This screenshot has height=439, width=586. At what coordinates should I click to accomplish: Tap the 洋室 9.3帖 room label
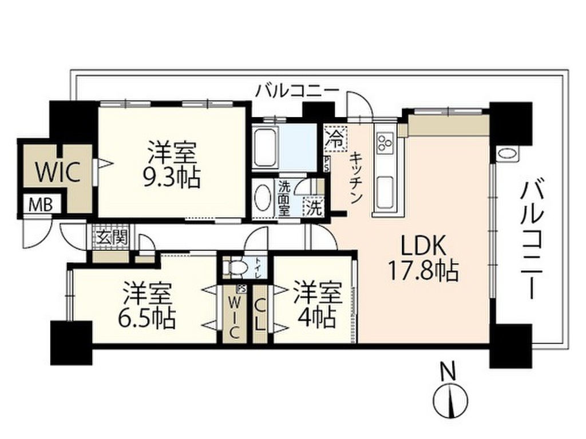172,166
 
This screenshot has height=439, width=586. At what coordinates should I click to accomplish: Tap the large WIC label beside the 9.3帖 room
57,171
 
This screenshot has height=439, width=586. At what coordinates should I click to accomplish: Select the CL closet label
260,314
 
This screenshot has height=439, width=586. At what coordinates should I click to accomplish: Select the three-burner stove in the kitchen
383,142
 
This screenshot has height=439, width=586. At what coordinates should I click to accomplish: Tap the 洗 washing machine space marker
313,206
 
